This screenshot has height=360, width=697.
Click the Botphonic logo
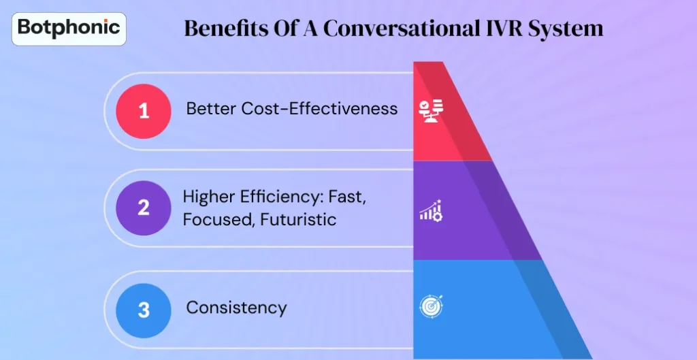[x=69, y=28]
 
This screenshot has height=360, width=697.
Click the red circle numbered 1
[x=144, y=111]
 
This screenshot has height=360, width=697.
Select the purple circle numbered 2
[x=144, y=208]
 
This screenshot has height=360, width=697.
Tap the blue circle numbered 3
[x=144, y=310]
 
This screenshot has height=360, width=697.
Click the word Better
[x=211, y=109]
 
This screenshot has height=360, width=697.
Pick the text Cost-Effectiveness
[x=319, y=109]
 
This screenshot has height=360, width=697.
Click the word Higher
[x=210, y=197]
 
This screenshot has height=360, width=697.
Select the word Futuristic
[x=299, y=220]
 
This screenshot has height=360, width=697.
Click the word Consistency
[x=236, y=308]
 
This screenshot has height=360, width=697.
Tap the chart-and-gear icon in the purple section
[x=431, y=211]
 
